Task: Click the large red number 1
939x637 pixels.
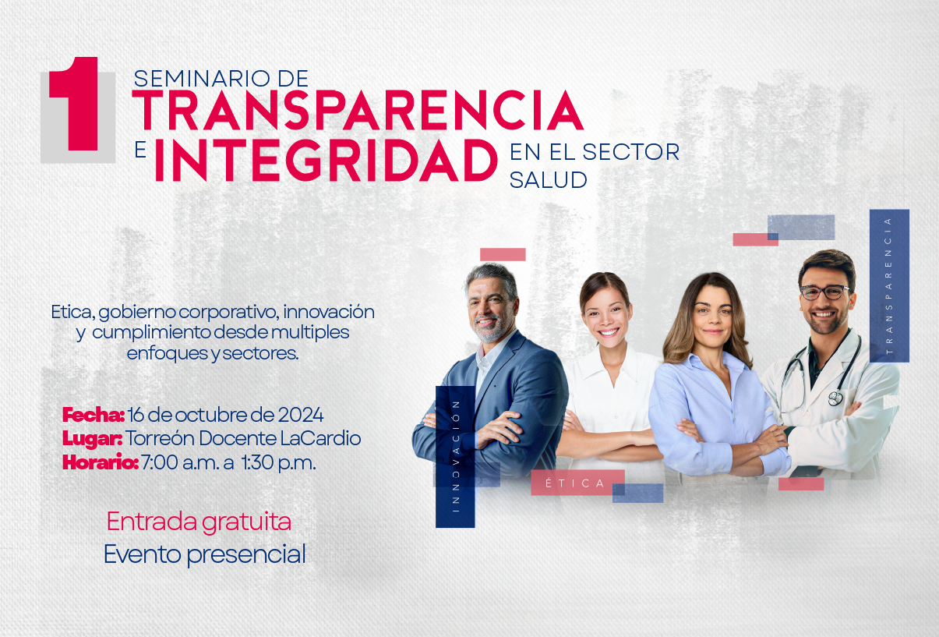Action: click(76, 103)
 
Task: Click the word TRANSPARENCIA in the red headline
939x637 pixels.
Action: click(358, 111)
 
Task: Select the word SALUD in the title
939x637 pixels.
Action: click(548, 180)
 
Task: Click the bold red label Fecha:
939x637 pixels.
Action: click(93, 415)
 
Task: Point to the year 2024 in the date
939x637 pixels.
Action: click(301, 415)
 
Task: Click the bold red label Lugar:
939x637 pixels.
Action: click(92, 439)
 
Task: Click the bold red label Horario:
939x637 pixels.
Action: click(101, 462)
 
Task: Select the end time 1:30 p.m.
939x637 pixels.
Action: click(279, 462)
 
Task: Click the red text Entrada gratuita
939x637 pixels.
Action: click(199, 522)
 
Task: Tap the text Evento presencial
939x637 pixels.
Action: click(205, 554)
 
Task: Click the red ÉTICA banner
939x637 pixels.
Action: click(577, 483)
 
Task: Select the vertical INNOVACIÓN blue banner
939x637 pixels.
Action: click(455, 457)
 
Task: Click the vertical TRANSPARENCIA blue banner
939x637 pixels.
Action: click(889, 286)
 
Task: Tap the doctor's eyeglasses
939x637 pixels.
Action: click(824, 292)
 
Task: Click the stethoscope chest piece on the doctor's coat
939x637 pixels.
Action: click(835, 398)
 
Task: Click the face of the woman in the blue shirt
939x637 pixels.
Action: click(712, 314)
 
